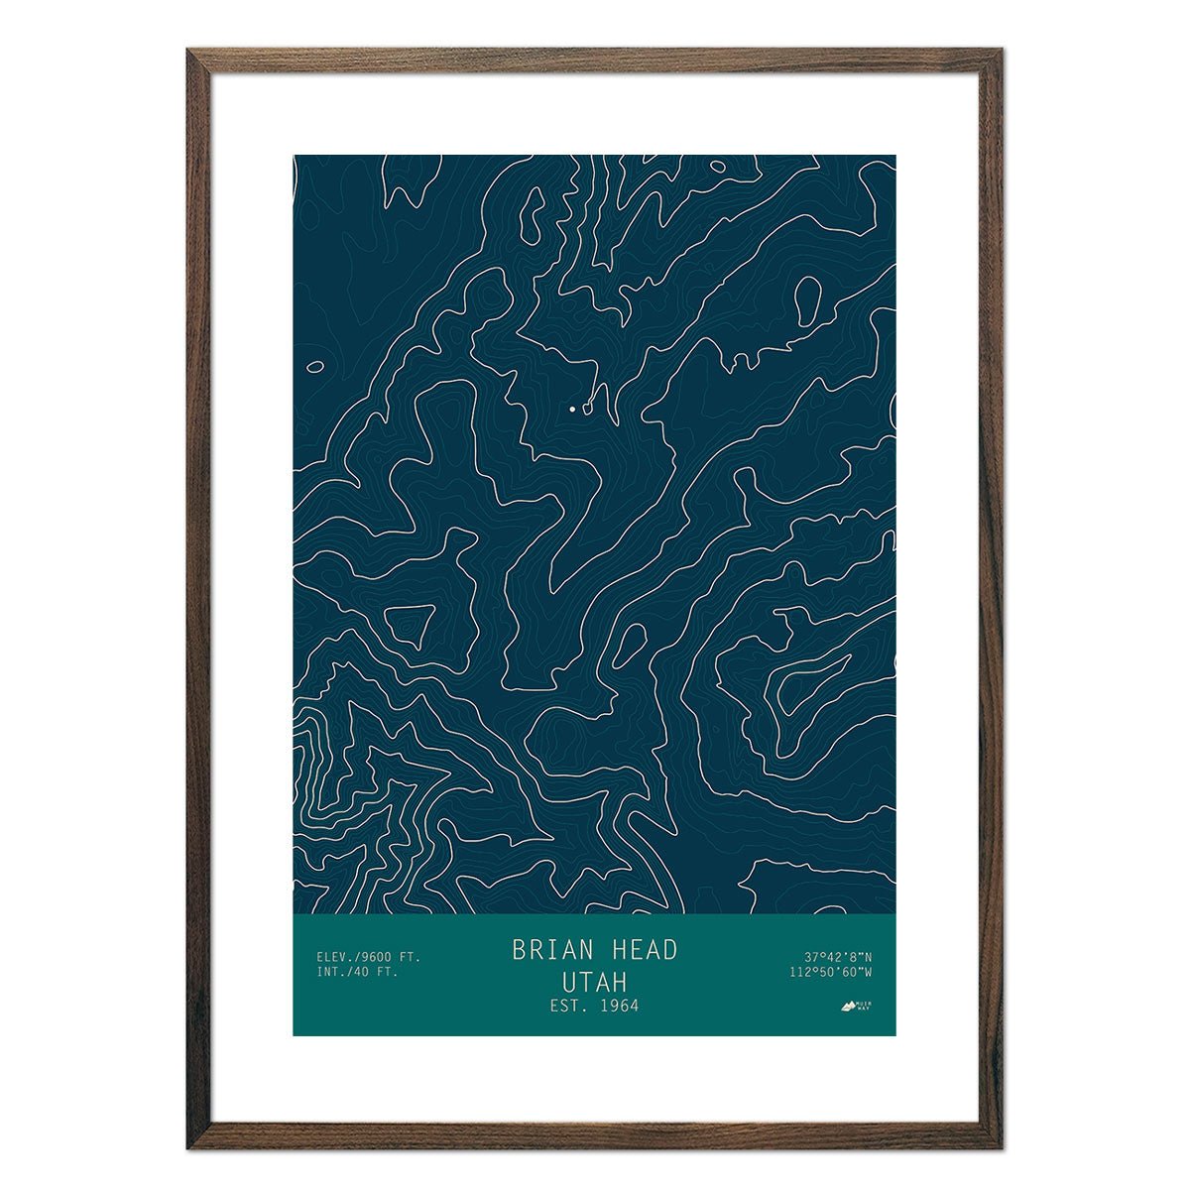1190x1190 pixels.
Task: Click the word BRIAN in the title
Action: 548,950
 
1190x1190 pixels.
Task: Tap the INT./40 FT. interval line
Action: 357,972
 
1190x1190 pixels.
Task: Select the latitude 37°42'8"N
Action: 838,957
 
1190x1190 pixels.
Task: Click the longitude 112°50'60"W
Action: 831,972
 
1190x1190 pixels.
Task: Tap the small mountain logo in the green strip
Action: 849,1007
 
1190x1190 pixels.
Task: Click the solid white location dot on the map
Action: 572,408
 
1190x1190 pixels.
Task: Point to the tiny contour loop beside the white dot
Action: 588,406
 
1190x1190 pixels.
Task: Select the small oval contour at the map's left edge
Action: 314,366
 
